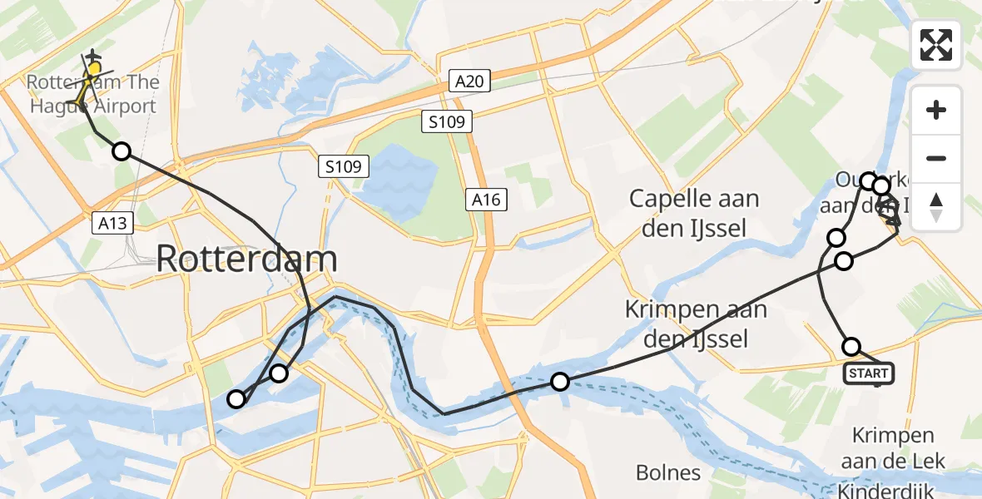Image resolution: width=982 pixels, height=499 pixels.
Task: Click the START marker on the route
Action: coord(869,373)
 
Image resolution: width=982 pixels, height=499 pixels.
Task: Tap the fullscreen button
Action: coord(936,45)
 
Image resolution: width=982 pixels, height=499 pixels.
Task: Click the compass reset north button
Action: coord(936,207)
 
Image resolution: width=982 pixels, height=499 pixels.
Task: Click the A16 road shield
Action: coord(484,200)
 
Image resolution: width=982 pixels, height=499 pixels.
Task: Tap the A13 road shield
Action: coord(112,223)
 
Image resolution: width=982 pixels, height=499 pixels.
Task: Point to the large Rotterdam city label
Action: coord(246,259)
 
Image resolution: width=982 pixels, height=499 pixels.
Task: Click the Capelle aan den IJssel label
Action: coord(694,213)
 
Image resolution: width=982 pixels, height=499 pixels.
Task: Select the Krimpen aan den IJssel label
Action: coord(686,324)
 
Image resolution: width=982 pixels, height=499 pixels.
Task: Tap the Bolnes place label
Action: coord(667,473)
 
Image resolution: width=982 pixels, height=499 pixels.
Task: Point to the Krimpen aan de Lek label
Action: coord(893,447)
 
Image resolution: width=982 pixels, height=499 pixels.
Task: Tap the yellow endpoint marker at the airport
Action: coord(95,69)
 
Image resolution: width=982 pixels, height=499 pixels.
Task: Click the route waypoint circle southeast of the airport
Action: coord(122,151)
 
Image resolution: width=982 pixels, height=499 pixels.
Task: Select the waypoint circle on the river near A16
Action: coord(560,382)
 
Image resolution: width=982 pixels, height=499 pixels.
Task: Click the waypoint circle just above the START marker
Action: coord(851,346)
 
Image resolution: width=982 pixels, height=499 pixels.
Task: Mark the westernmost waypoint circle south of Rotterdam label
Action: coord(237,399)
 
